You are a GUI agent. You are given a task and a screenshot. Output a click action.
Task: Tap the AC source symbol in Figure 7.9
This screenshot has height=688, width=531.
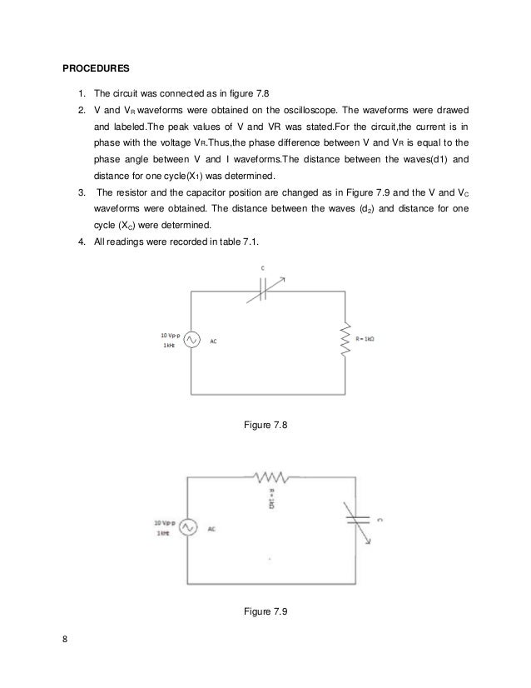click(x=185, y=528)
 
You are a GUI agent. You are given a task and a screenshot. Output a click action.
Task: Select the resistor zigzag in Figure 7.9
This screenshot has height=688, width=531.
click(x=268, y=477)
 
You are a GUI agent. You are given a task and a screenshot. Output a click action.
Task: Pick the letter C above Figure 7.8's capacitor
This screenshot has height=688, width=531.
click(x=263, y=267)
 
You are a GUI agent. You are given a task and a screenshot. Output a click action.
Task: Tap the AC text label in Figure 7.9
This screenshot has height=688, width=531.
click(x=211, y=529)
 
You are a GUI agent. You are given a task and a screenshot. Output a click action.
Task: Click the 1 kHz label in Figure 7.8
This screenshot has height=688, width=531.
click(x=167, y=346)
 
